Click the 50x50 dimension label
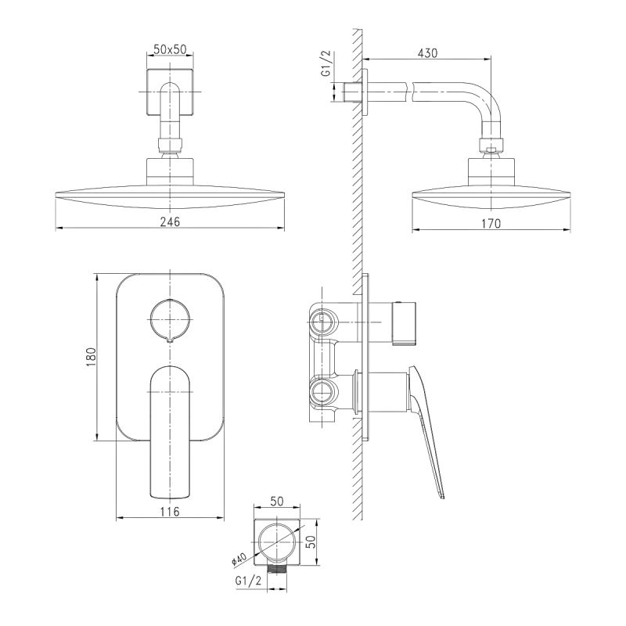tap(170, 49)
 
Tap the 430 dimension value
tap(427, 53)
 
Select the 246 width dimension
tap(170, 221)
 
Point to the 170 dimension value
tap(491, 224)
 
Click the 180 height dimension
tap(92, 357)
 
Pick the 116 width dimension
tap(170, 511)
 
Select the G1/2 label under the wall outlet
tap(248, 581)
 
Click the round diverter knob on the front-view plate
tap(170, 319)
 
